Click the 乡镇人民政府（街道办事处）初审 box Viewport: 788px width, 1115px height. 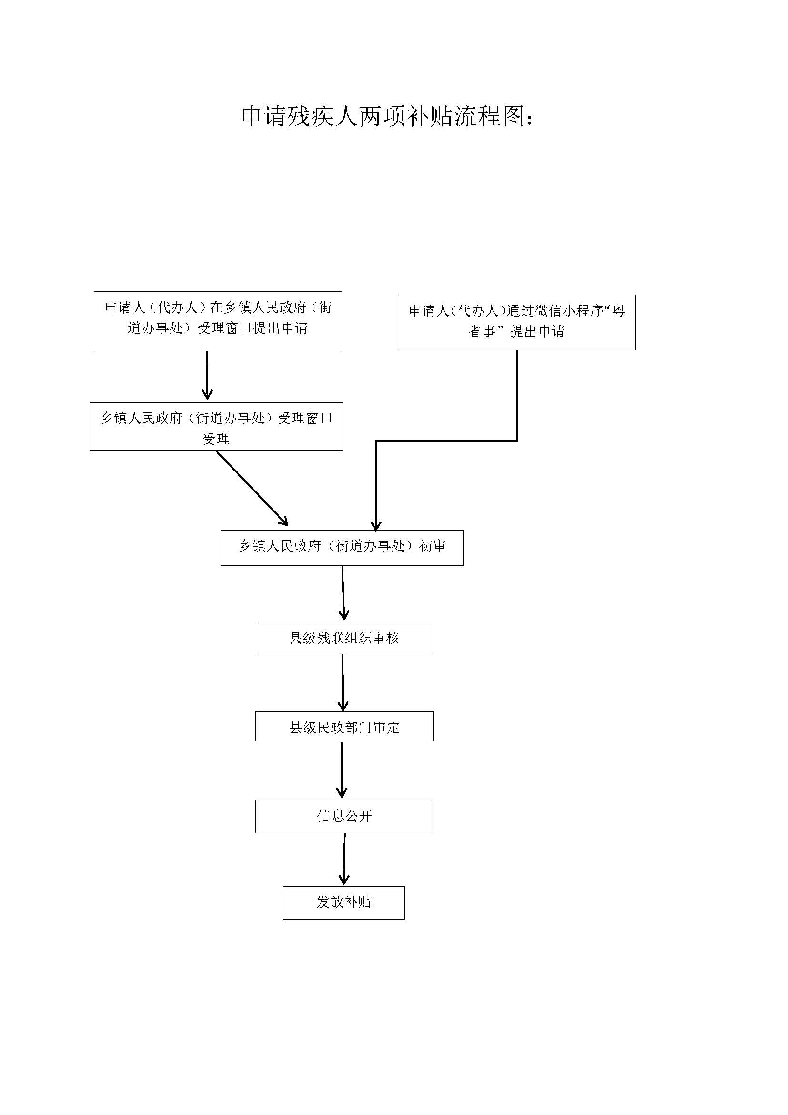pos(342,547)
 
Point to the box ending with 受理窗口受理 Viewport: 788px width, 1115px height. pos(216,426)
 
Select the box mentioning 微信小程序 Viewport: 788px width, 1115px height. pos(516,322)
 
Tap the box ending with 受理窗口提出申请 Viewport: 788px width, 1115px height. pos(217,321)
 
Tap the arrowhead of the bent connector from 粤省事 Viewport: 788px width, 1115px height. pos(376,525)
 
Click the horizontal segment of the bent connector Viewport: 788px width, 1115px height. pos(446,441)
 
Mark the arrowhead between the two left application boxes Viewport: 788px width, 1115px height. pos(208,394)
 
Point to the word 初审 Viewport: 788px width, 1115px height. pos(432,546)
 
